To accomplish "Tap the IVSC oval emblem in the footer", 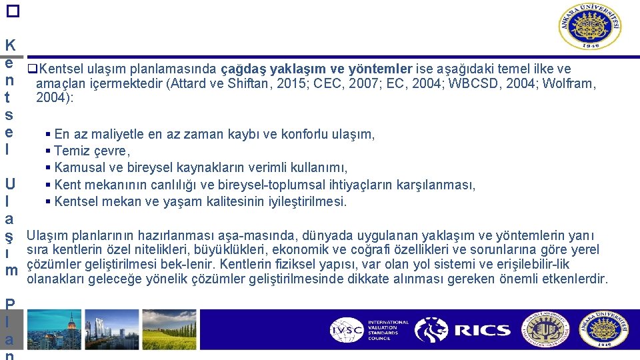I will [x=347, y=329].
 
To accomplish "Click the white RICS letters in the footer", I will [x=482, y=330].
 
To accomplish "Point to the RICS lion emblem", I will [x=431, y=329].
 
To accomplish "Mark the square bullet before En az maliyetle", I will [x=48, y=135].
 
